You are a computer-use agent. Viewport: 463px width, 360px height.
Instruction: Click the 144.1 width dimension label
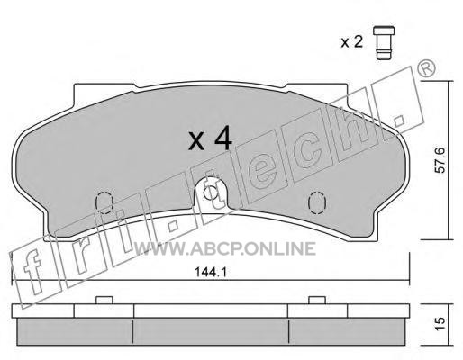[211, 273]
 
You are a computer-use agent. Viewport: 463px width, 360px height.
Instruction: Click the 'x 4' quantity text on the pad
[211, 139]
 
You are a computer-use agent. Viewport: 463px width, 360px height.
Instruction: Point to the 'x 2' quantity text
[351, 41]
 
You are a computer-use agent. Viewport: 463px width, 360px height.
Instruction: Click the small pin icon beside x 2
[384, 43]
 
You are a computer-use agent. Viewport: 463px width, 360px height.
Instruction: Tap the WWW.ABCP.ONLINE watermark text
[224, 248]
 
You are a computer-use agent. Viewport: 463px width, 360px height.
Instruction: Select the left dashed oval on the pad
[104, 202]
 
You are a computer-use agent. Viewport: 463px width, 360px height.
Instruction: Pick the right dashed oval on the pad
[317, 202]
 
